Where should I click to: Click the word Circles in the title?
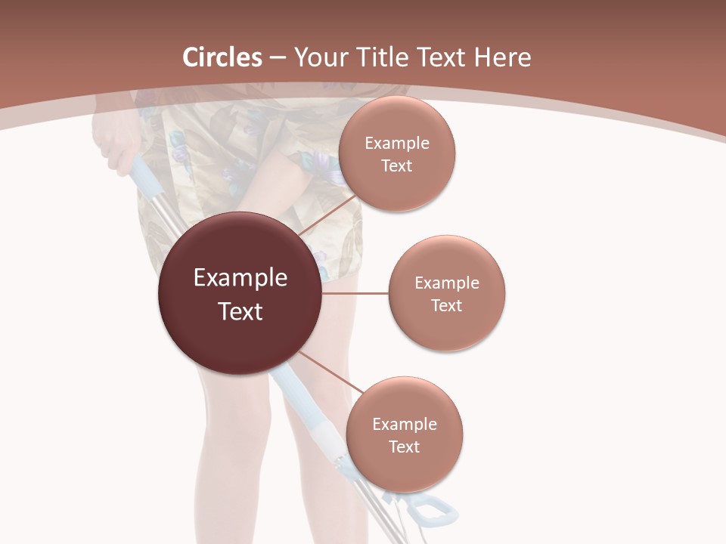click(x=222, y=57)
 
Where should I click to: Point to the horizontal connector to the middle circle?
click(x=355, y=293)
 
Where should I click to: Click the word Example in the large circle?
click(x=240, y=278)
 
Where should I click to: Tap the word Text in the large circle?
click(x=240, y=311)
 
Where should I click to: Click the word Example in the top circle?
click(x=396, y=144)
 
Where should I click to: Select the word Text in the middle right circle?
click(x=446, y=305)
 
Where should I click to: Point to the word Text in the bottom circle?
click(x=404, y=447)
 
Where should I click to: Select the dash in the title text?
click(x=278, y=58)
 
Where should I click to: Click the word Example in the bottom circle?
click(x=404, y=424)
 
